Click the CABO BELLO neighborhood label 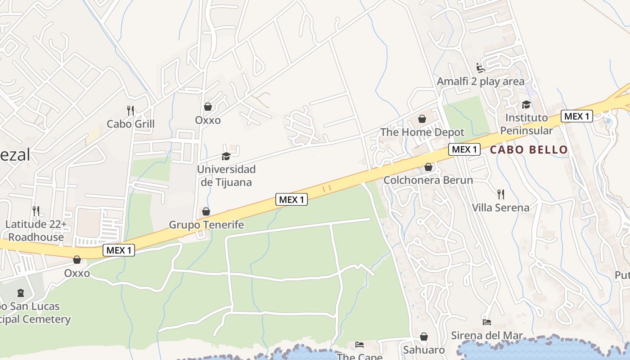coord(529,150)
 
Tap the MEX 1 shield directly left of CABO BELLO coord(464,149)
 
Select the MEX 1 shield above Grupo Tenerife coord(292,199)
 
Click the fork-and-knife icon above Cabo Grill coord(131,110)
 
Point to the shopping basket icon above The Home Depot coord(422,119)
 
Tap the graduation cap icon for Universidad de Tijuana coord(226,156)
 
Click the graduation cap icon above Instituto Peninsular coord(526,104)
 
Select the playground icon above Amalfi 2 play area coord(481,68)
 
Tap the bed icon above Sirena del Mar coord(486,322)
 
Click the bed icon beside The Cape coord(359,345)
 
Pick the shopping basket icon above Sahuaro coord(423,337)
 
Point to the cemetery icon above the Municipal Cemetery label coord(20,293)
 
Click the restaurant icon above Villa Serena coord(500,194)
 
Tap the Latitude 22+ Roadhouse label coord(36,230)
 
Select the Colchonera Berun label coord(428,180)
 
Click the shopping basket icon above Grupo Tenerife coord(206,211)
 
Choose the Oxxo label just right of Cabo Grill coord(208,120)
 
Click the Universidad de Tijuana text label coord(226,175)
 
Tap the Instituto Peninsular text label coord(526,124)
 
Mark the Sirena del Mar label coord(487,336)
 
